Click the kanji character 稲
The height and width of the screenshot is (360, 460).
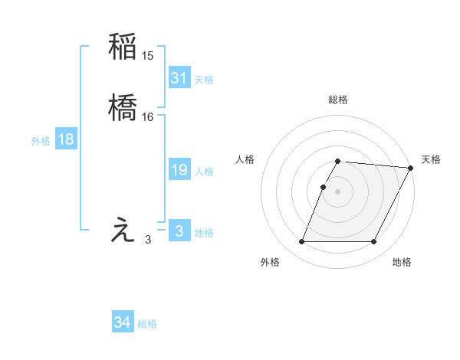pos(123,47)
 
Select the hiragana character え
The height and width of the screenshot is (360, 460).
pos(123,231)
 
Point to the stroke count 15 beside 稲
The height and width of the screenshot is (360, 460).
pos(148,56)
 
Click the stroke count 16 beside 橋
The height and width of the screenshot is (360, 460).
pos(148,116)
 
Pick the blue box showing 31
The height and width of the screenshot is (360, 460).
pos(179,77)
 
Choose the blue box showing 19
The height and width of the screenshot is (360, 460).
pos(179,170)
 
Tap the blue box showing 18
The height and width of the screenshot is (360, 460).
pos(66,139)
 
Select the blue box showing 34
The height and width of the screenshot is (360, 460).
pos(122,322)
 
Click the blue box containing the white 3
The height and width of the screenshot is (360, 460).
pos(179,231)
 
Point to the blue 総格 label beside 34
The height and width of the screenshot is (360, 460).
pos(147,324)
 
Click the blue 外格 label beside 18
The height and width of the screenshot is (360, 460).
pos(41,141)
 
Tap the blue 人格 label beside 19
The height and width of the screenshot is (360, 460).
pos(204,172)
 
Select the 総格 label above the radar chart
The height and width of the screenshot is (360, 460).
pos(338,100)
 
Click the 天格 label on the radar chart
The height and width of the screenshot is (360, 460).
pos(431,159)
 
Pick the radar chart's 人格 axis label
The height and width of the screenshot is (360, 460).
pos(245,159)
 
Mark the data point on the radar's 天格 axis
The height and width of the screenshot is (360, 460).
pos(412,168)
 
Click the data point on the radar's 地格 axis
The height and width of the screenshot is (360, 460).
pos(374,242)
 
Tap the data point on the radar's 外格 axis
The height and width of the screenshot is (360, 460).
pos(301,242)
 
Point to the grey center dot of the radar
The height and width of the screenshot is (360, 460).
pos(338,191)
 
